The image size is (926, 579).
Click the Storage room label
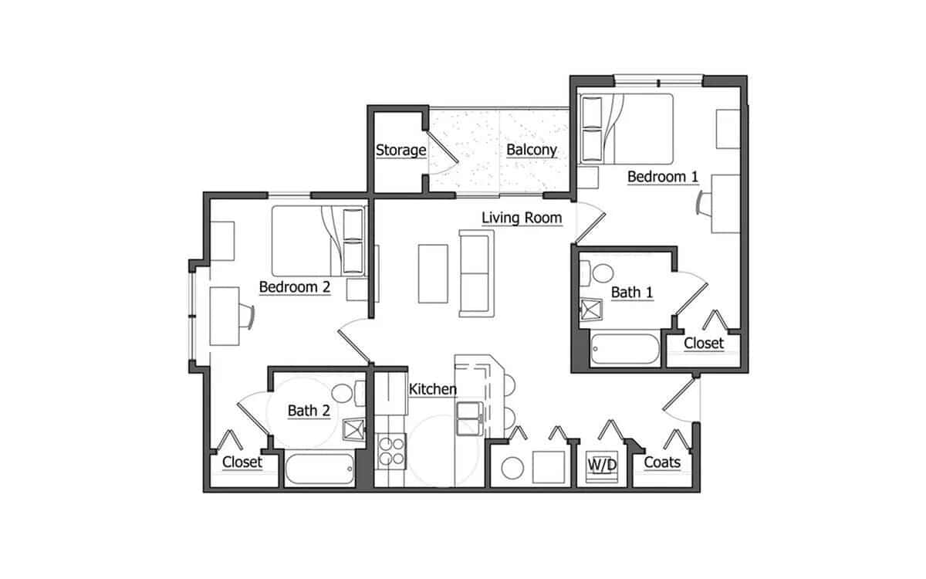point(400,150)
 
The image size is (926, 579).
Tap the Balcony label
point(532,150)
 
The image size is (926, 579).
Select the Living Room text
point(522,218)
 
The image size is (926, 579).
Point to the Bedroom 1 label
point(663,177)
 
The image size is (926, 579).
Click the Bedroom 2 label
point(295,287)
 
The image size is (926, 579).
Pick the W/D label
point(602,465)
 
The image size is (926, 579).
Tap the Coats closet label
point(661,462)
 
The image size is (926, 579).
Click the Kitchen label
point(432,389)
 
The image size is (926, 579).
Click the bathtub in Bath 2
point(319,469)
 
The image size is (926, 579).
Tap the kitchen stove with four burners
point(391,451)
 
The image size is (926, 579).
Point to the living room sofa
point(475,273)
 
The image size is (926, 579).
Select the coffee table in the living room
point(433,273)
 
